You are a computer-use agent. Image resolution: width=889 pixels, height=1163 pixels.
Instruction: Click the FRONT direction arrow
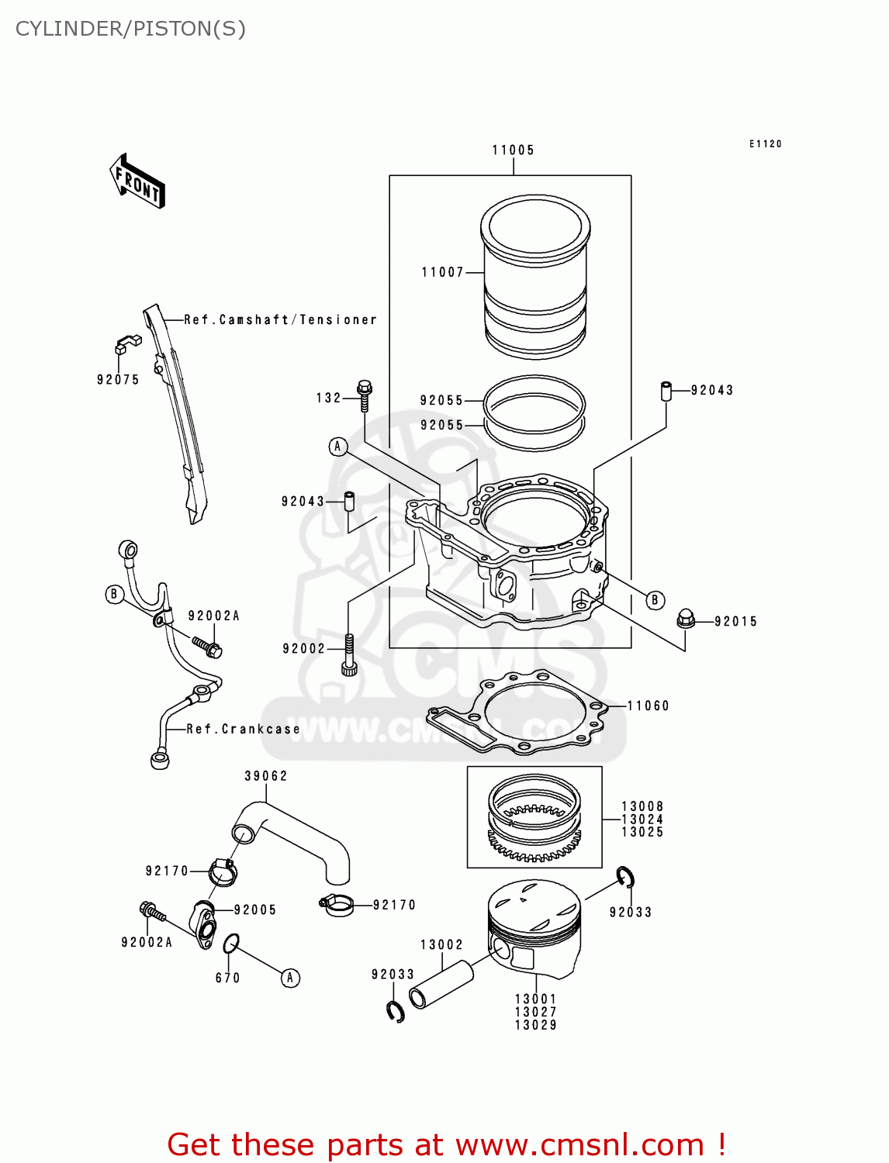click(x=137, y=181)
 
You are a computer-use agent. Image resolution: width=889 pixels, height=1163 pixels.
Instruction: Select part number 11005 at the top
click(x=513, y=150)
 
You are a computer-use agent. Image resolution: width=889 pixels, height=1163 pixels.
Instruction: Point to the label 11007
click(x=442, y=272)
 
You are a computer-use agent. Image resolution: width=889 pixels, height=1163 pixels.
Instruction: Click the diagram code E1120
click(x=765, y=143)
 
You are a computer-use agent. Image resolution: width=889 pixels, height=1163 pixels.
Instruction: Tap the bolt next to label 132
click(x=365, y=395)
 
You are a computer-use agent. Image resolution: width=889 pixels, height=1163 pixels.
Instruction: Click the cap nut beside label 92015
click(x=685, y=619)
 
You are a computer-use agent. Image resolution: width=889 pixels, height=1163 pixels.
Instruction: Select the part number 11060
click(x=648, y=706)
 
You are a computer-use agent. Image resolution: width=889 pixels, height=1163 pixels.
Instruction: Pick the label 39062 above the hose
click(x=266, y=776)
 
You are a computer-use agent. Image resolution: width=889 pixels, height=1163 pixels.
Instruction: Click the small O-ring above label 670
click(x=231, y=944)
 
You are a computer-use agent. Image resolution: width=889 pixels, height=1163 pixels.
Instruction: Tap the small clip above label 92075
click(x=127, y=341)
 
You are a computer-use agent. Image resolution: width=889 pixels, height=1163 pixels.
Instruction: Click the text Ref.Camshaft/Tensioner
click(x=280, y=319)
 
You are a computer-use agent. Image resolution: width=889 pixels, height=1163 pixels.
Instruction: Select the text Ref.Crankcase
click(x=243, y=729)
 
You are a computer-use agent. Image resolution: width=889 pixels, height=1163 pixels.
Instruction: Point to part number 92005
click(x=254, y=909)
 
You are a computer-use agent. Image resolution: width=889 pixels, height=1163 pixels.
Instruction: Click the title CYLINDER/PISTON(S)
click(x=130, y=29)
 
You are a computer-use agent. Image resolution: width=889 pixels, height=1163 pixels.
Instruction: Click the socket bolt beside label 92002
click(x=349, y=654)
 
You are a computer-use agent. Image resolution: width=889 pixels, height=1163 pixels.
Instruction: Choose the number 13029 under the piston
click(x=535, y=1025)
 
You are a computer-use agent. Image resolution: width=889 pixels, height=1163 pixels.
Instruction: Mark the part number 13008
click(x=642, y=806)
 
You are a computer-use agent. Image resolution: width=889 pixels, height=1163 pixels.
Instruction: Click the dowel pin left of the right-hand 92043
click(x=666, y=391)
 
